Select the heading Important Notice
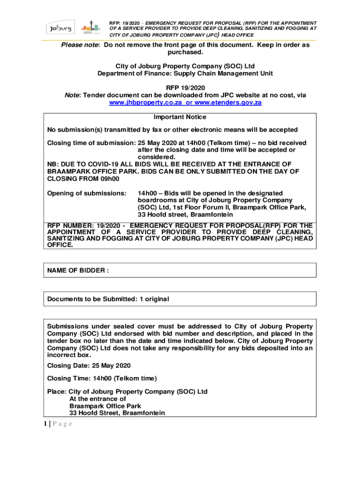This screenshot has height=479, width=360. click(x=180, y=117)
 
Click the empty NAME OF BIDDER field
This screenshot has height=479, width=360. click(x=210, y=270)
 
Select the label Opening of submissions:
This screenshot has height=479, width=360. click(x=86, y=193)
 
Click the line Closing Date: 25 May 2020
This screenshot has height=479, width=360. click(x=89, y=365)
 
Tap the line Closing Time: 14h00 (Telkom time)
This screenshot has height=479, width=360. click(x=102, y=378)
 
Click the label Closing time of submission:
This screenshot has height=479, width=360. click(x=91, y=143)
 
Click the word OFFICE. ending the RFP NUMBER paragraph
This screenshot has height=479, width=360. click(x=60, y=244)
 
